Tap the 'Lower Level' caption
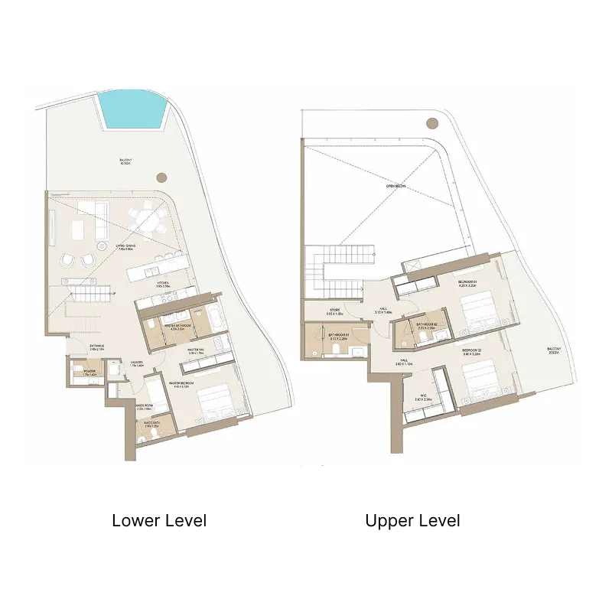[x=159, y=521]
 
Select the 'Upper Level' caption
[x=412, y=521]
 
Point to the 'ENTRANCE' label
[x=96, y=347]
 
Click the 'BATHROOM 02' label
[x=425, y=325]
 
